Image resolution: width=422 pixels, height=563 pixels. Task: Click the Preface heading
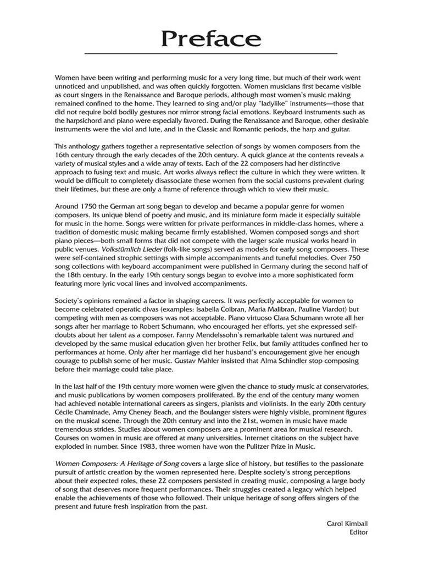pyautogui.click(x=210, y=38)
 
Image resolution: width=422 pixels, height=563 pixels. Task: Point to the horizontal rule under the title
pyautogui.click(x=210, y=54)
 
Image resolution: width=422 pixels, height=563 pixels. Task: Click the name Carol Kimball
pyautogui.click(x=347, y=523)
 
